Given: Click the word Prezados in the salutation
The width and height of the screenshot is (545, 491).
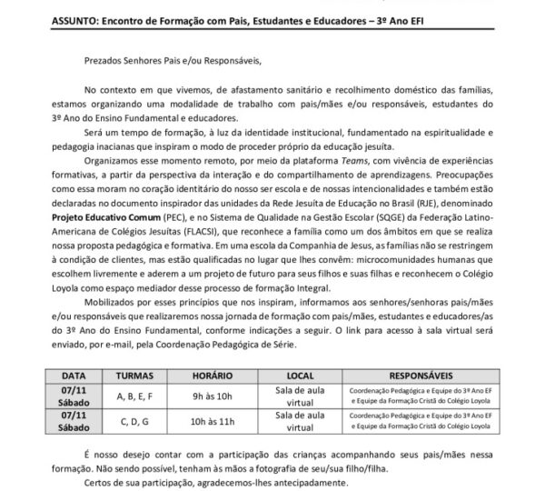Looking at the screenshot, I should pyautogui.click(x=103, y=60).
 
